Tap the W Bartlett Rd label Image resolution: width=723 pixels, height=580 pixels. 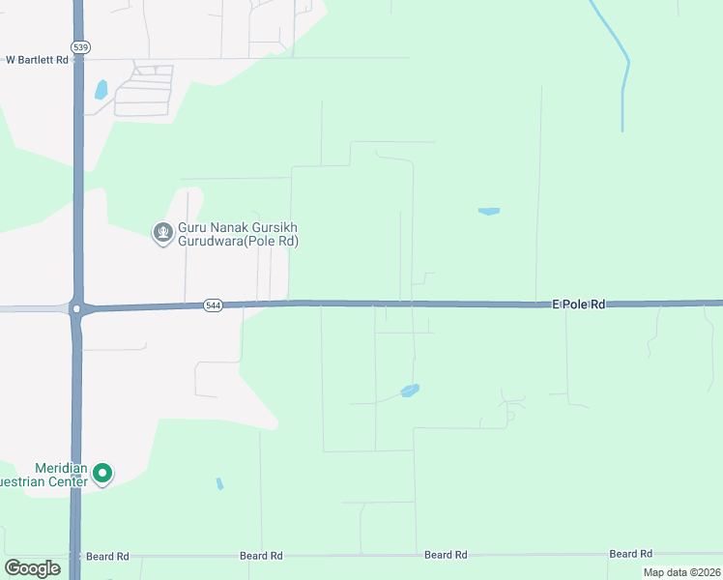coord(37,60)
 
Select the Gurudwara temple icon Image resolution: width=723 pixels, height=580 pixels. coord(163,233)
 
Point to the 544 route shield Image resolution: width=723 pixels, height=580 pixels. coord(213,305)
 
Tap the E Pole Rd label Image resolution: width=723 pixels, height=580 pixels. coord(578,304)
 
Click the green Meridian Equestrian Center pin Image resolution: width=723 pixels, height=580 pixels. coord(102,474)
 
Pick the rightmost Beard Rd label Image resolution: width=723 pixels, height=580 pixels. coord(630,555)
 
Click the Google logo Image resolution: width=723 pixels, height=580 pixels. coord(32,568)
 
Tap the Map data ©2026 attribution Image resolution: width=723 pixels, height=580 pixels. coord(680,572)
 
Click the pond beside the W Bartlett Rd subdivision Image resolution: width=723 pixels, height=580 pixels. coord(101,90)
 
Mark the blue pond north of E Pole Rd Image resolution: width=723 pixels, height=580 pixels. coord(488,211)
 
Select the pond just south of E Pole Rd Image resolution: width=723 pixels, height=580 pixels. coord(410,391)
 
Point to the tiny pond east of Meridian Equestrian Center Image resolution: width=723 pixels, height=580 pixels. coord(219,483)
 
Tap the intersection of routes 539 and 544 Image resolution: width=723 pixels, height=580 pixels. coord(77,308)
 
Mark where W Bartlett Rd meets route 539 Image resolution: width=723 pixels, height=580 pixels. coord(77,60)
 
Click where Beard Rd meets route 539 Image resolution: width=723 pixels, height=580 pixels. coord(76,557)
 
